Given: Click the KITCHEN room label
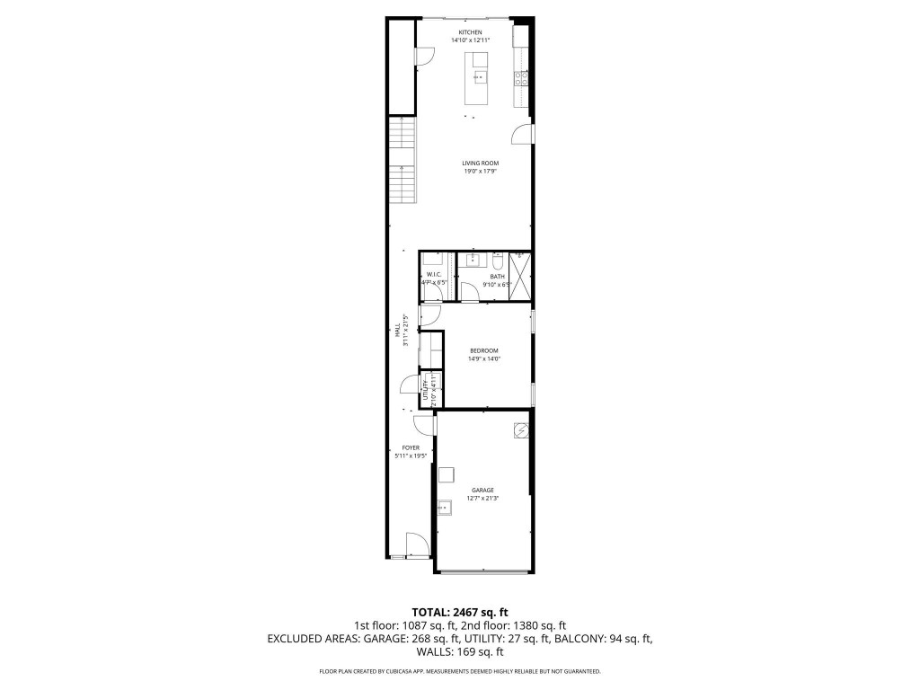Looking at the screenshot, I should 471,32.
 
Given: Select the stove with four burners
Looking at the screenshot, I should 520,78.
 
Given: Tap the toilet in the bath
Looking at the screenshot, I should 497,261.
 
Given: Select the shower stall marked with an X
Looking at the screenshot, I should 520,276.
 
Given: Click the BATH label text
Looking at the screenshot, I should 485,277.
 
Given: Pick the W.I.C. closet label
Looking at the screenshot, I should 432,274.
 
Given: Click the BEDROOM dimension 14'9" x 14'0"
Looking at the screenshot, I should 483,358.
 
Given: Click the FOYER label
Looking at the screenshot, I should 411,447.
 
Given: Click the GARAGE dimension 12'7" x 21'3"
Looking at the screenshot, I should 482,498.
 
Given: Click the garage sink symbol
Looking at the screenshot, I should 446,509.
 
